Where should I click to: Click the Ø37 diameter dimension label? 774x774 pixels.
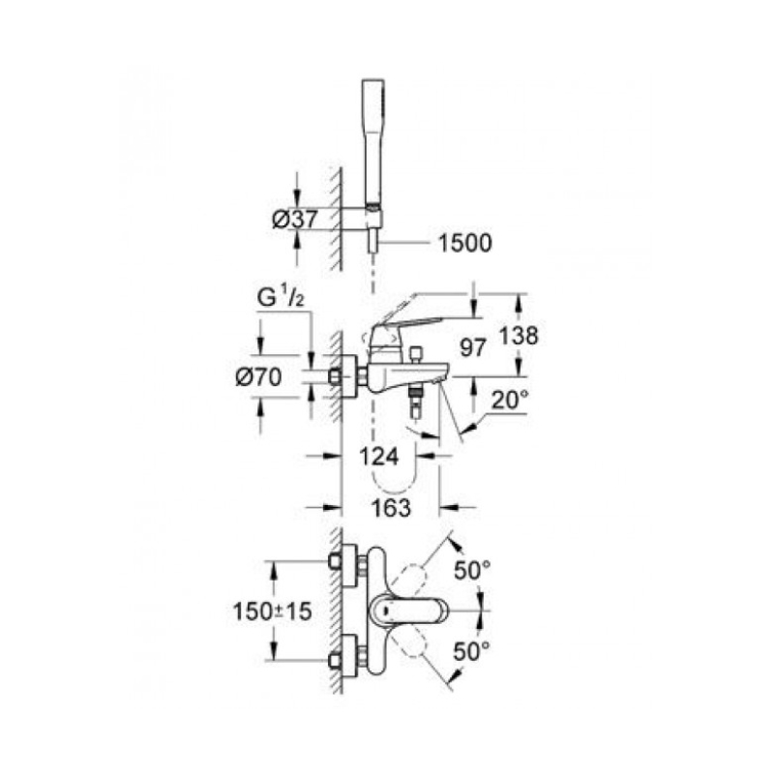pos(295,219)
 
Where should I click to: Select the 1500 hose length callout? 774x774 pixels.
pos(465,243)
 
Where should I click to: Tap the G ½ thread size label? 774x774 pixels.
pos(281,298)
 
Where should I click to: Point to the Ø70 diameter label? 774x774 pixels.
pos(258,377)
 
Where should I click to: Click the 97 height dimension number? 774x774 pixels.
pos(473,348)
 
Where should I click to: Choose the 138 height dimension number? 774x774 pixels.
pos(519,336)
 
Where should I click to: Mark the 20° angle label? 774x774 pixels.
pos(510,400)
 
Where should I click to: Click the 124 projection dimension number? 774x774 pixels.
pos(378,456)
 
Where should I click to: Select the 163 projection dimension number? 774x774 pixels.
pos(391,507)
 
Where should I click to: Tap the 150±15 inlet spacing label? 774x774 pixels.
pos(273,612)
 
